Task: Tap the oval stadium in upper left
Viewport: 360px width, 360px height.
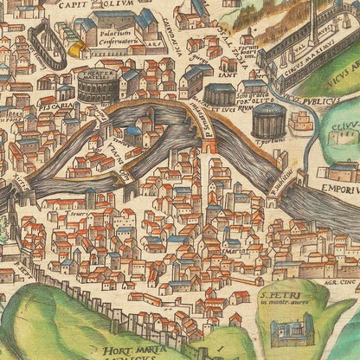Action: click(48, 44)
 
